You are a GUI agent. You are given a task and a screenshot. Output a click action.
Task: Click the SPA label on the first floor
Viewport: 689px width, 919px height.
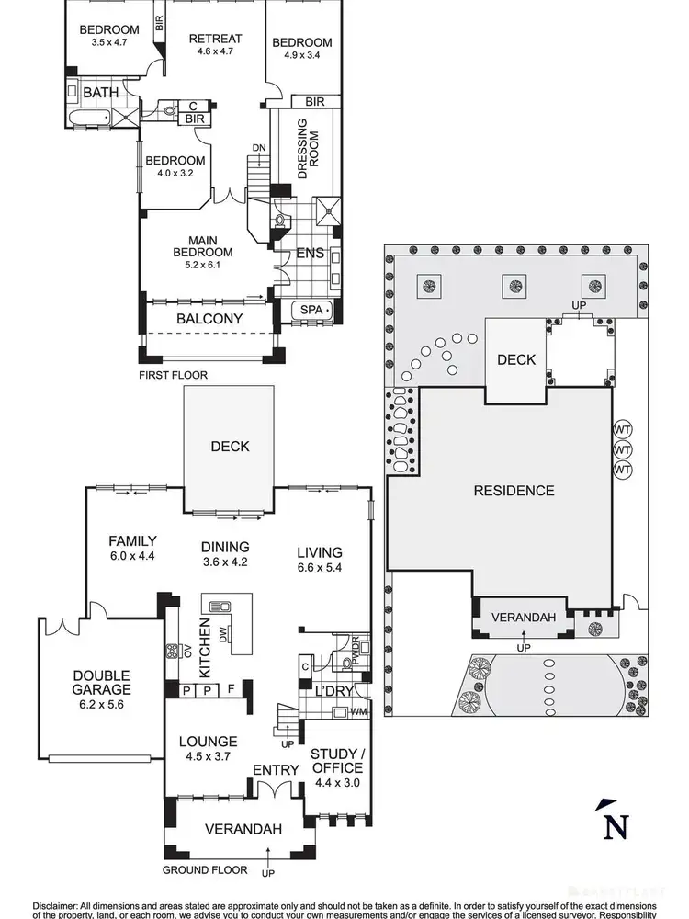313,311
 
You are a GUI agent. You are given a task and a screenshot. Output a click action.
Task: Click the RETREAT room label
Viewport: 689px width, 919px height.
215,39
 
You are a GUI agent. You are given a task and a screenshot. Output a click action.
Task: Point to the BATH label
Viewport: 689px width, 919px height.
101,93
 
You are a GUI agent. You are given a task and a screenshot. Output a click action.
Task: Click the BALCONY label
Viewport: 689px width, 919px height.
209,319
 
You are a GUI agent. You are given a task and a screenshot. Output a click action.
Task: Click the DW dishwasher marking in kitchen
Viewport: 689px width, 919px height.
224,634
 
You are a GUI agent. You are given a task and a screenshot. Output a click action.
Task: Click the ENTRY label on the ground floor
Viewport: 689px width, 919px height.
276,770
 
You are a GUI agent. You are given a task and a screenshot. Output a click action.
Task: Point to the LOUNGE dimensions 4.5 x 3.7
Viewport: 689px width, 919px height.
209,757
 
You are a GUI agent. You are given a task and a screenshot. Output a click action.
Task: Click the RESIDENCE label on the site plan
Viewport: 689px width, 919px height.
514,490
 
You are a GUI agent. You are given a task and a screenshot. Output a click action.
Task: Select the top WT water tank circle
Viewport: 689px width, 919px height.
623,429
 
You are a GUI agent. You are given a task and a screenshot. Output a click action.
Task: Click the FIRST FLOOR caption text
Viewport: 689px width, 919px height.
175,375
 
